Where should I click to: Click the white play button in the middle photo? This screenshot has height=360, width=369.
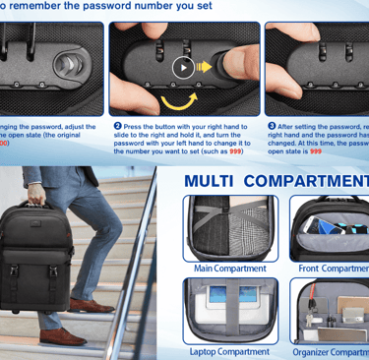pos(183,67)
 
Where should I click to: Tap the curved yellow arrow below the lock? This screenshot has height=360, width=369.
pos(180,99)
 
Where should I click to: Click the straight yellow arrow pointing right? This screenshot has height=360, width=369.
pos(205,67)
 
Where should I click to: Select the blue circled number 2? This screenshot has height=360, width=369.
pos(118,126)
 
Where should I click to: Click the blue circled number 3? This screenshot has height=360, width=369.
pos(273,126)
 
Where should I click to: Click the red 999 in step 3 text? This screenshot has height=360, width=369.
pos(316,151)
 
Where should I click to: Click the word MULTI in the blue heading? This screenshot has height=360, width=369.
pos(210,181)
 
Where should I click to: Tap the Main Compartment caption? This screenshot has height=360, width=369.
pos(229,269)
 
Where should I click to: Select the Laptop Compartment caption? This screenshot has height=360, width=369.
pos(229,351)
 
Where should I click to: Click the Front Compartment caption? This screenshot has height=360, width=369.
pos(334,269)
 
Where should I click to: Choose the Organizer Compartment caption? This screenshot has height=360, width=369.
pos(331,351)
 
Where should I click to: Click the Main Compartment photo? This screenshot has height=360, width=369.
pos(230,227)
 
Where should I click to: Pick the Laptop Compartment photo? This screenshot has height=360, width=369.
pos(230,310)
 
